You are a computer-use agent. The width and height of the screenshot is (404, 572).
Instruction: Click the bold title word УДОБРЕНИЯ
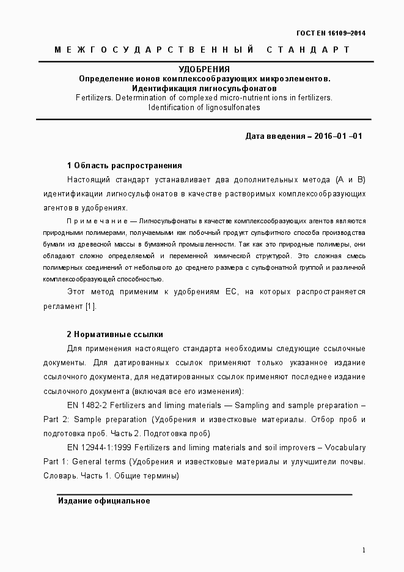(204, 69)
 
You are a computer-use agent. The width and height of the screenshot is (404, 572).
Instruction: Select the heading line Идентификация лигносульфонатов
(204, 88)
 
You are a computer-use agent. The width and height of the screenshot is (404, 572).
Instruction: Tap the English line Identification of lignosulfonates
(204, 107)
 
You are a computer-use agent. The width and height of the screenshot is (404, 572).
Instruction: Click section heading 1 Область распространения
(124, 166)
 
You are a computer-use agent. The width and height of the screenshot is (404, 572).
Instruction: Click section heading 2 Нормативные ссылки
(114, 335)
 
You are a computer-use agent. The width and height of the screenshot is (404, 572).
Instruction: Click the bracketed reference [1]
(91, 306)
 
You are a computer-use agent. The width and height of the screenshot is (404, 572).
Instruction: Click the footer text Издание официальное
(104, 501)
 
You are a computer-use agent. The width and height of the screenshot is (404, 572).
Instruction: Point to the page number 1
(364, 550)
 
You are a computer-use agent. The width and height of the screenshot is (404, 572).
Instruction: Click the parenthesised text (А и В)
(350, 180)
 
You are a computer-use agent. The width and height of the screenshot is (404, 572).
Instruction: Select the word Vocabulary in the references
(346, 448)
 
